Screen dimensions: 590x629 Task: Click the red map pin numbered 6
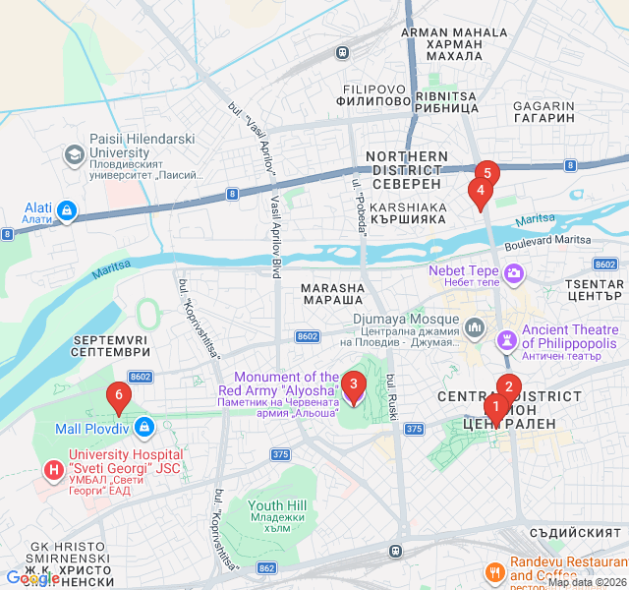(x=119, y=398)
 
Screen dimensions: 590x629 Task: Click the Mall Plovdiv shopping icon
(x=144, y=427)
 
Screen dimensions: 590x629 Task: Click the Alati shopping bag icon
(x=66, y=208)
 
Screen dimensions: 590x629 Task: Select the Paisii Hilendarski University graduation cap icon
(x=74, y=155)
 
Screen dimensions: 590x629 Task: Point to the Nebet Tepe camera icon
(x=512, y=271)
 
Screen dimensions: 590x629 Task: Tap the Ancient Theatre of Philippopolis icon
(x=507, y=338)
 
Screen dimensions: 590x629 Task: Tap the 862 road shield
(x=266, y=568)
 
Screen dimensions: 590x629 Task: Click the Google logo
(x=31, y=578)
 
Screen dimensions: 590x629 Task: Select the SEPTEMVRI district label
(x=109, y=345)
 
